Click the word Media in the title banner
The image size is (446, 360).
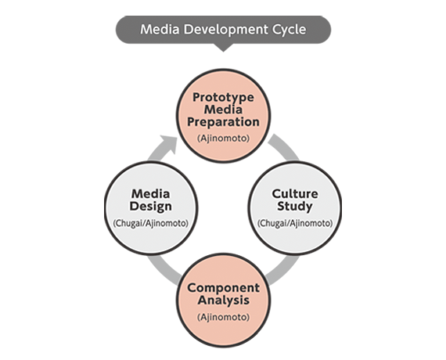160,29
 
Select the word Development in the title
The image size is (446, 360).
225,30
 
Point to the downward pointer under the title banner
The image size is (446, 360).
223,48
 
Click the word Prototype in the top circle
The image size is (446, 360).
223,98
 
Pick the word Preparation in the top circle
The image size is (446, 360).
223,122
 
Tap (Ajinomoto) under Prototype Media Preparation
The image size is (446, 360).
223,139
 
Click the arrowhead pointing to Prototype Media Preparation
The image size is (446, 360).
168,145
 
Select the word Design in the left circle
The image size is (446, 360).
151,207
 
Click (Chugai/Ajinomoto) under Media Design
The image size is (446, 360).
151,223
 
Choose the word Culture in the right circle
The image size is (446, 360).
295,194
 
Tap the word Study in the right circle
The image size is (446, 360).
295,207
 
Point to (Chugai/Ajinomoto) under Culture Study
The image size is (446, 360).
295,223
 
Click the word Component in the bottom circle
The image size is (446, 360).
223,288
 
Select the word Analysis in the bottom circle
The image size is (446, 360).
223,301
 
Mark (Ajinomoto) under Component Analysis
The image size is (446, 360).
223,317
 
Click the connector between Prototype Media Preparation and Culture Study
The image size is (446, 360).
285,146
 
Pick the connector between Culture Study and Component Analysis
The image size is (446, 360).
283,271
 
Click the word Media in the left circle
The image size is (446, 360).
151,194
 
